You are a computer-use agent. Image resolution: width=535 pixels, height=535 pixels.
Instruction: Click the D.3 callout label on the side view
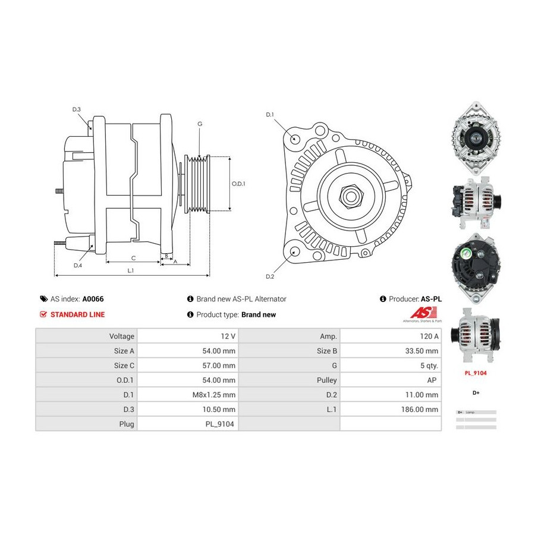[77, 109]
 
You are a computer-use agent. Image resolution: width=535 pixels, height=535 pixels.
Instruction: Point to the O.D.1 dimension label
[238, 184]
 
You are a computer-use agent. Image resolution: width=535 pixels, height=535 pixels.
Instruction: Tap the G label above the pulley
[200, 124]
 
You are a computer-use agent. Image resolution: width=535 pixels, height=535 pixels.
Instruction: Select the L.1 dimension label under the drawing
[131, 270]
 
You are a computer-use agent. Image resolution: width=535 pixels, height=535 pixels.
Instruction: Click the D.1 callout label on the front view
[269, 114]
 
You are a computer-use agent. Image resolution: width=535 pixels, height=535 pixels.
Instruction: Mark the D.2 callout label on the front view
[269, 276]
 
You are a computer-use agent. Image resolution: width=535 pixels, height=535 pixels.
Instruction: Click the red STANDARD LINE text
[77, 314]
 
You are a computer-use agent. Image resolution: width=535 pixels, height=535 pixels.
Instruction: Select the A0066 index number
[93, 299]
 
